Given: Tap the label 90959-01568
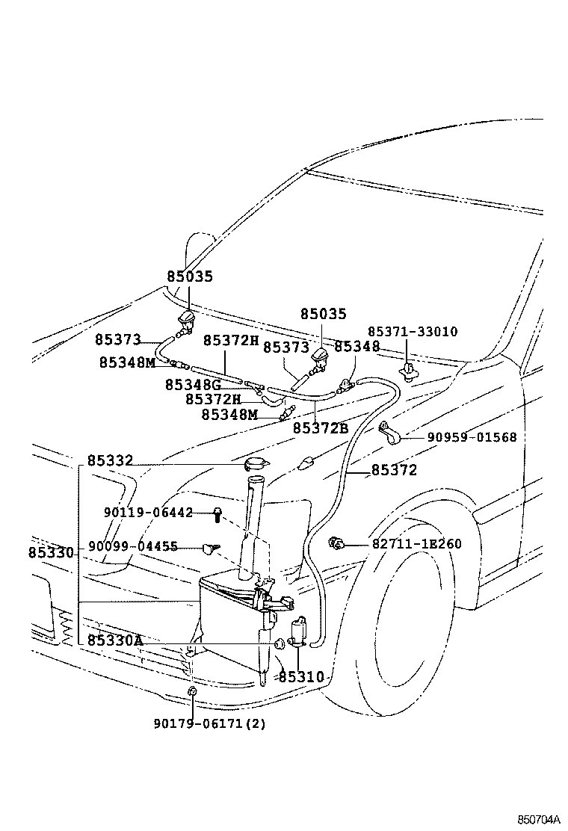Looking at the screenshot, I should click(472, 437).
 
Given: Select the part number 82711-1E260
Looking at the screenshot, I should click(417, 544).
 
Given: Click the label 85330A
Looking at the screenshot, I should click(114, 641).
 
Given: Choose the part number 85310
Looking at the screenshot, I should click(301, 677).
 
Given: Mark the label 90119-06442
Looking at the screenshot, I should click(148, 513).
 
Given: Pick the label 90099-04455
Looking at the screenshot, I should click(133, 547).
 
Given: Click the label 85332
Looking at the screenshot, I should click(109, 461).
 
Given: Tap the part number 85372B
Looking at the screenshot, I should click(320, 428).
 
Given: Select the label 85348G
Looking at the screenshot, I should click(193, 385).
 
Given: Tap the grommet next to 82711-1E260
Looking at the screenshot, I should click(337, 543).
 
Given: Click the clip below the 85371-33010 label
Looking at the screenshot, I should click(408, 368).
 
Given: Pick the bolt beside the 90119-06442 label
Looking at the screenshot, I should click(217, 514).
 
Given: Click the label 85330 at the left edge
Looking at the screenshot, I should click(51, 553).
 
